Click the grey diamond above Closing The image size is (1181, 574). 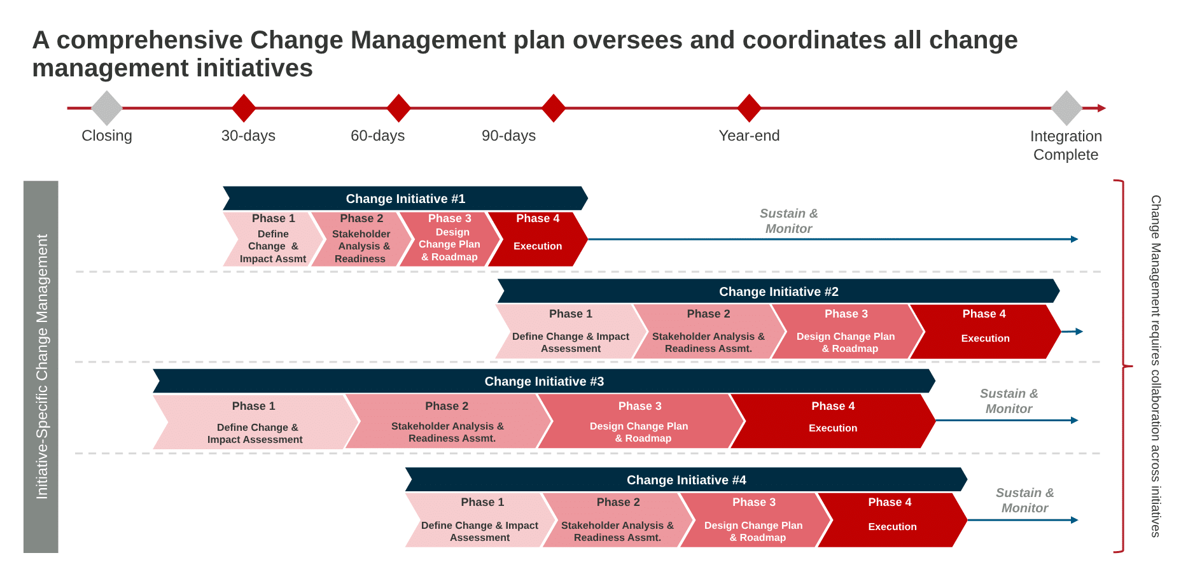point(107,108)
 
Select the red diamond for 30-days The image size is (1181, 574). point(244,108)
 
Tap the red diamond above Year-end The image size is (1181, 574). point(749,108)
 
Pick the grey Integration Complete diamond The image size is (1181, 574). point(1066,108)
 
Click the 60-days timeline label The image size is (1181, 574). point(377,136)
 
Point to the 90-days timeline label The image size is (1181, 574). point(508,136)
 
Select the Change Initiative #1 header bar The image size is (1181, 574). point(405,199)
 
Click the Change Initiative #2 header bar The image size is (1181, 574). point(778,291)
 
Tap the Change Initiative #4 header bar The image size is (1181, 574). point(686,480)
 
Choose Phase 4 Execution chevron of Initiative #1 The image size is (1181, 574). point(538,239)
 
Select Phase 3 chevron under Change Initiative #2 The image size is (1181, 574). point(847,332)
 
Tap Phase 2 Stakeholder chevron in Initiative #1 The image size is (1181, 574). point(361,239)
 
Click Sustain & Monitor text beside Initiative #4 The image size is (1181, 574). point(1024,500)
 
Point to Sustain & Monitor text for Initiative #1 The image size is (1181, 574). point(788,221)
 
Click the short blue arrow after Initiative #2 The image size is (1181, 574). point(1072,332)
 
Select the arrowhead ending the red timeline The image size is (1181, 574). point(1102,108)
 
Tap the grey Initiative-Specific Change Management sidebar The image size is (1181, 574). point(41,367)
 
